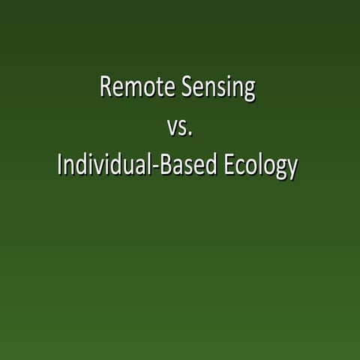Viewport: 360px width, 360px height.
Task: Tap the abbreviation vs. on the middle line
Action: pos(180,127)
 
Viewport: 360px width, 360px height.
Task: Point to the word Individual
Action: pos(101,166)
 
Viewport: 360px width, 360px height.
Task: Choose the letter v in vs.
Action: pos(172,129)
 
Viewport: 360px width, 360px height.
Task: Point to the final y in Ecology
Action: pos(291,169)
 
